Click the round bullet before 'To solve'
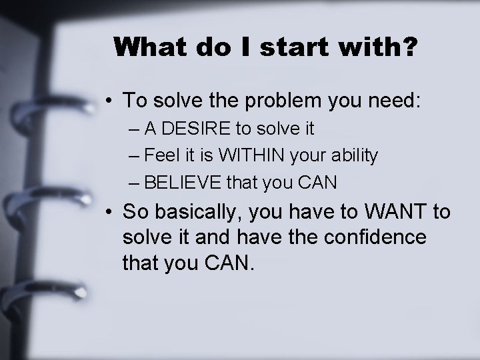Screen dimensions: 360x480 pos(108,101)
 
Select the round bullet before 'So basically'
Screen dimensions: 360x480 pos(108,214)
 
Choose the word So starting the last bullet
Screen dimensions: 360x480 pos(136,213)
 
